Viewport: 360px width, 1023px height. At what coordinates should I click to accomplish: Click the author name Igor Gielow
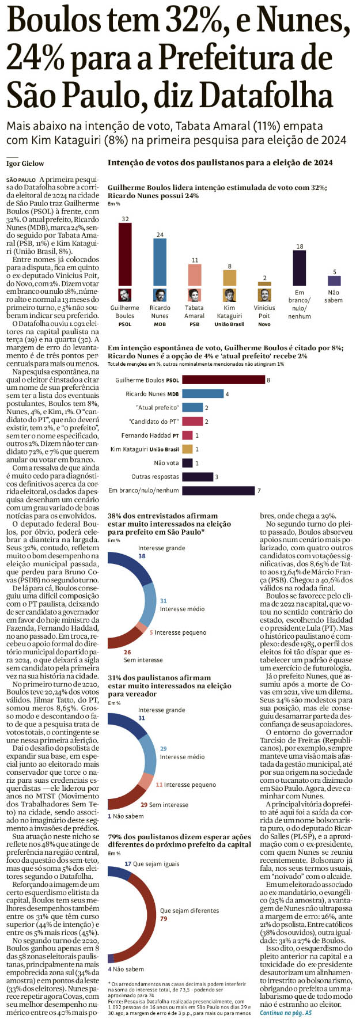[25, 164]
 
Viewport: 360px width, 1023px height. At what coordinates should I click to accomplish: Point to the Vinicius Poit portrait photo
[264, 295]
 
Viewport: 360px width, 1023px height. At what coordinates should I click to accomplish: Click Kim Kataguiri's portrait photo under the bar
[229, 295]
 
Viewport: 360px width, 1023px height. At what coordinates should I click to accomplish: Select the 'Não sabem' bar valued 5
[334, 281]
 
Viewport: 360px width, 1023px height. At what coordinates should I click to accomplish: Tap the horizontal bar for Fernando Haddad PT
[187, 435]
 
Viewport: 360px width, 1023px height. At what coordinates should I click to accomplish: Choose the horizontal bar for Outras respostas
[198, 477]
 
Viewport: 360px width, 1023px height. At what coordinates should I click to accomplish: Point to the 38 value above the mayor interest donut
[142, 556]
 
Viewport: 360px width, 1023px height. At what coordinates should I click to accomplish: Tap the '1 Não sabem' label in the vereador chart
[126, 816]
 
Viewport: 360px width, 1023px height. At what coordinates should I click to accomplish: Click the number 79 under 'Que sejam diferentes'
[164, 919]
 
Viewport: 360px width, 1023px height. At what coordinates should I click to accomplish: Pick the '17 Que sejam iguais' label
[152, 864]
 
